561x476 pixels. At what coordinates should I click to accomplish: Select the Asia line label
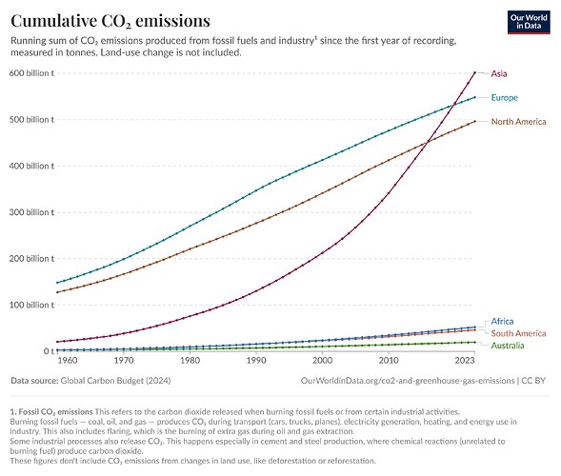coord(499,73)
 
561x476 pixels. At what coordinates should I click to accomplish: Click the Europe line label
coord(504,98)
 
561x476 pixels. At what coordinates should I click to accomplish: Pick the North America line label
coord(519,122)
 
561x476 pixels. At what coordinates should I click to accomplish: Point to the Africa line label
coord(502,322)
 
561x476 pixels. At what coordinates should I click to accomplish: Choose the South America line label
coord(518,333)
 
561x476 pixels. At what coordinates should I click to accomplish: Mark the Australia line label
coord(509,346)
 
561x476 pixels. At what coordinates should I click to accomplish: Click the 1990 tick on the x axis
coord(255,363)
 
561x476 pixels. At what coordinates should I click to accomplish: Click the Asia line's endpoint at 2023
coord(474,72)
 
